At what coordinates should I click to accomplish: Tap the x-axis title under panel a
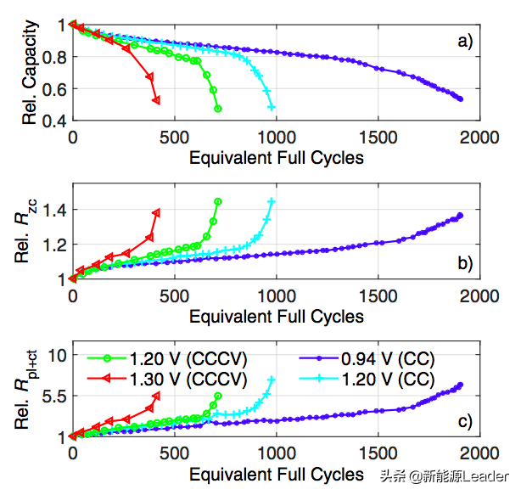(276, 158)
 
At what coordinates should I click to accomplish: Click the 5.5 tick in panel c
(52, 396)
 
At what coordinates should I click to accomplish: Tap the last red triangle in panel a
(156, 100)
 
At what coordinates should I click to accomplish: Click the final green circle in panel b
(218, 201)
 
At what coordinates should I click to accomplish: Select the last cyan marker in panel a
(272, 107)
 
